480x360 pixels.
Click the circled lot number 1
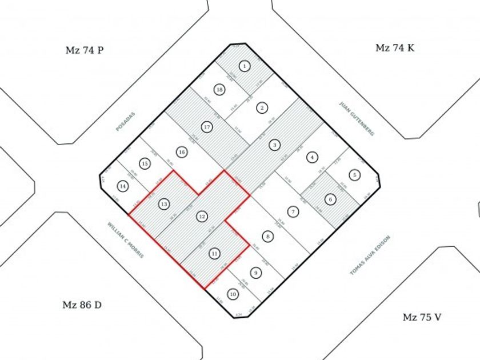(245, 66)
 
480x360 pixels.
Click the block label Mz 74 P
(84, 50)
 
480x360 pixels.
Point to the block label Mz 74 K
(395, 48)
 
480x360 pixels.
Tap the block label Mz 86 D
(82, 305)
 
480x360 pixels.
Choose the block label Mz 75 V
(421, 317)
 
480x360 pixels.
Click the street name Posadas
(125, 122)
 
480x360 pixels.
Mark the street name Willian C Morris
(126, 239)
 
